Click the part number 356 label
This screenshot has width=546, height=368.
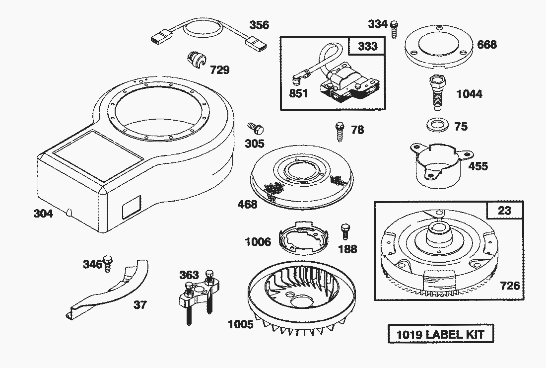click(259, 25)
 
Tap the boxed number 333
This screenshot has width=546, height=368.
click(367, 47)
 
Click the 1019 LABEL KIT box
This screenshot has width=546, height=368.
click(440, 334)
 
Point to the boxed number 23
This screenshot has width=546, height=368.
click(504, 211)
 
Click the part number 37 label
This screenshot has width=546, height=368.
click(140, 304)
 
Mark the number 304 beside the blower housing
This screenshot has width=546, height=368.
click(43, 214)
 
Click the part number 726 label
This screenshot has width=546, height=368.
click(510, 286)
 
